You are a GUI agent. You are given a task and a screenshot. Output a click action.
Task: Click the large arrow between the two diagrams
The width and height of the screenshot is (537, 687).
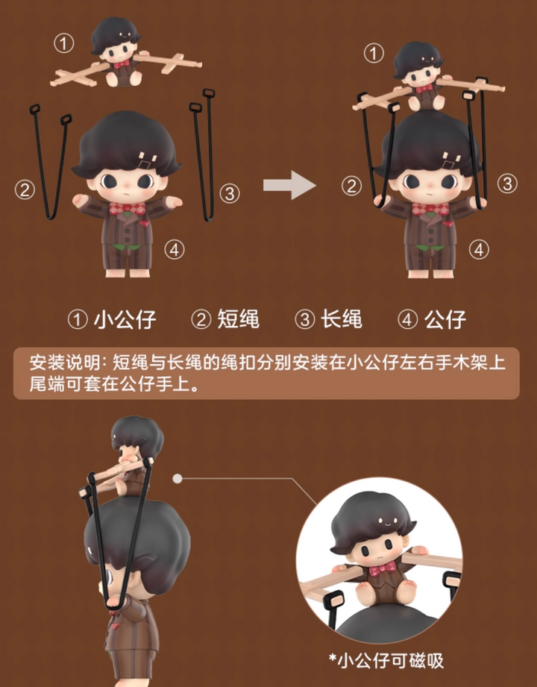[289, 185]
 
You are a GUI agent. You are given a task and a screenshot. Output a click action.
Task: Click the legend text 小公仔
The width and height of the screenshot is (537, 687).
[125, 319]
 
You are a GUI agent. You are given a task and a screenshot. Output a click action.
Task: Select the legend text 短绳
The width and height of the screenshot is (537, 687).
[239, 319]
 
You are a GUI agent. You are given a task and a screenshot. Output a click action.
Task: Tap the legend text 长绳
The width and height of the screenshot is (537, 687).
[342, 319]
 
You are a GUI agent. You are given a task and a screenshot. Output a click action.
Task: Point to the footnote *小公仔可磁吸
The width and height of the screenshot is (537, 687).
[386, 661]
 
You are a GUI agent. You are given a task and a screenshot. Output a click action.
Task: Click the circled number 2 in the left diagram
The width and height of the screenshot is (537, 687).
[25, 189]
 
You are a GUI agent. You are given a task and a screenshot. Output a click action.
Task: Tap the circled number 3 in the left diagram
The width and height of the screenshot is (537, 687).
[230, 192]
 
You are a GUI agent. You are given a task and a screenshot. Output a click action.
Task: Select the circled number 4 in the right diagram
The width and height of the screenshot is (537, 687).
[479, 249]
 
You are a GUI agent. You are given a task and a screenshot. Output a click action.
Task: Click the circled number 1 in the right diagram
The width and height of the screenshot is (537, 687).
[374, 54]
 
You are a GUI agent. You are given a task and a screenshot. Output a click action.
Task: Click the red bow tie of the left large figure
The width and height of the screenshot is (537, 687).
[127, 209]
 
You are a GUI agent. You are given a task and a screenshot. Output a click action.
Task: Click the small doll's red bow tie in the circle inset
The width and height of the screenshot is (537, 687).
[383, 570]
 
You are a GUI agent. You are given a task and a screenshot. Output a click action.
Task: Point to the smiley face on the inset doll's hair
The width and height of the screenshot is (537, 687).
[388, 521]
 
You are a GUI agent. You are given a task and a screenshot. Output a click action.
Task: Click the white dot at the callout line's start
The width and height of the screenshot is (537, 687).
[178, 478]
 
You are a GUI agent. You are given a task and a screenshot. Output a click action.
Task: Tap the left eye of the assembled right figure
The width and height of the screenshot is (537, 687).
[411, 181]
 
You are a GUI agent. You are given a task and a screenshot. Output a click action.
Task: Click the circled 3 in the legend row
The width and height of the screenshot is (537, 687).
[305, 319]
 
